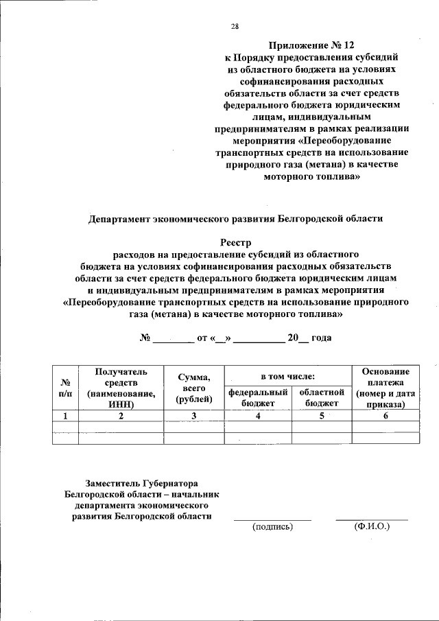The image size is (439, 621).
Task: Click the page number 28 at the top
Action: (x=235, y=27)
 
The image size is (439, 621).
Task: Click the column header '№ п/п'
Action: (x=66, y=387)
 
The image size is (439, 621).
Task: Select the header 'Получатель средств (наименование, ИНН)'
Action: (x=121, y=387)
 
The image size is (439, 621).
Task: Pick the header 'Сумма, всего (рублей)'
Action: (x=193, y=387)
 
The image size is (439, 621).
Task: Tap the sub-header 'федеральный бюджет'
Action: (x=258, y=398)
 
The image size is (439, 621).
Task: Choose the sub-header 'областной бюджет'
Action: (x=321, y=398)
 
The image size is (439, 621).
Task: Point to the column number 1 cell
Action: (x=66, y=415)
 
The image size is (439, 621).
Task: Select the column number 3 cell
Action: (x=193, y=415)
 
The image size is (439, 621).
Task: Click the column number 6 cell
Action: (x=385, y=415)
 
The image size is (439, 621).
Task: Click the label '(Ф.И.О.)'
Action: (x=371, y=527)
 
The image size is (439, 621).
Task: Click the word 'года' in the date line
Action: (x=322, y=338)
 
